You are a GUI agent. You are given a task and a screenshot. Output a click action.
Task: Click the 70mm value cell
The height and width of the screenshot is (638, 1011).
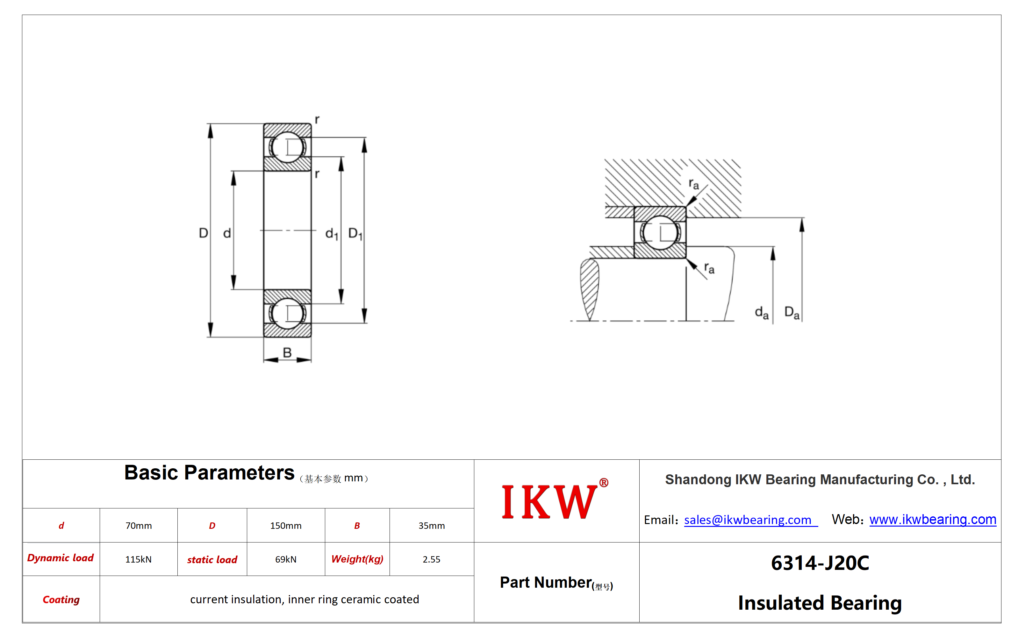click(139, 526)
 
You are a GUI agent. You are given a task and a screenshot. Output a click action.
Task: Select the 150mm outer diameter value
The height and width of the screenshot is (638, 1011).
click(285, 526)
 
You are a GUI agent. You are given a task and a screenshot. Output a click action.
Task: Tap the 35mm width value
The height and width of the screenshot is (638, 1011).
click(431, 526)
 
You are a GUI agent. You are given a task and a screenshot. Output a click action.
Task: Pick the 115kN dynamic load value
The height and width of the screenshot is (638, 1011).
click(138, 559)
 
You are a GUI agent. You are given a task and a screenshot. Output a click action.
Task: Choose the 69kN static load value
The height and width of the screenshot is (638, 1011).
click(285, 559)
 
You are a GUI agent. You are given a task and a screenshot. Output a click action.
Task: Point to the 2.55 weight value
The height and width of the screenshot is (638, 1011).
click(431, 559)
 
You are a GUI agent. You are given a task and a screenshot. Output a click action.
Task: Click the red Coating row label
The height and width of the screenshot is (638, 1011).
click(61, 599)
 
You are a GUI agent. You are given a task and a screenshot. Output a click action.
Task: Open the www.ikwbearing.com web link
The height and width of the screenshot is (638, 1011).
click(933, 519)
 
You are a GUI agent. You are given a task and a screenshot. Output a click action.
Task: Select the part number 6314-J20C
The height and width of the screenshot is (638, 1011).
click(820, 563)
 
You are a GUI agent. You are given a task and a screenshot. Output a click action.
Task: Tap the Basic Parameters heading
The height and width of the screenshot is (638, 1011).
click(209, 473)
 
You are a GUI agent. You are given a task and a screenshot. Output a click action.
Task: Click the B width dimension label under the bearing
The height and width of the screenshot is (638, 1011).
click(287, 352)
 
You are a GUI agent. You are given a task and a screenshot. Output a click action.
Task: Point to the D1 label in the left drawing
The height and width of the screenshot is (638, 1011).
click(355, 234)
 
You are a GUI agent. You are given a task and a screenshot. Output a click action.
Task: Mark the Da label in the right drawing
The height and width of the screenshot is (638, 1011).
click(792, 313)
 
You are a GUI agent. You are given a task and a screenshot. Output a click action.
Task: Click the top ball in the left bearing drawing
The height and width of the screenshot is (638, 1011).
click(288, 147)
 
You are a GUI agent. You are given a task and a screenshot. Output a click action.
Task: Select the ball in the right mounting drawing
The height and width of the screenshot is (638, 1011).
click(660, 232)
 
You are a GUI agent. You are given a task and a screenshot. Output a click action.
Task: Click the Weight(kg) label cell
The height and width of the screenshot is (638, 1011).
click(357, 559)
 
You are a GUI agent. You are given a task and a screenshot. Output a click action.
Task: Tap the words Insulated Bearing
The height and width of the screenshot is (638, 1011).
click(820, 603)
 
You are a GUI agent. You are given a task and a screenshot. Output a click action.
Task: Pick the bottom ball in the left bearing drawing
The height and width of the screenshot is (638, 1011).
click(288, 313)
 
